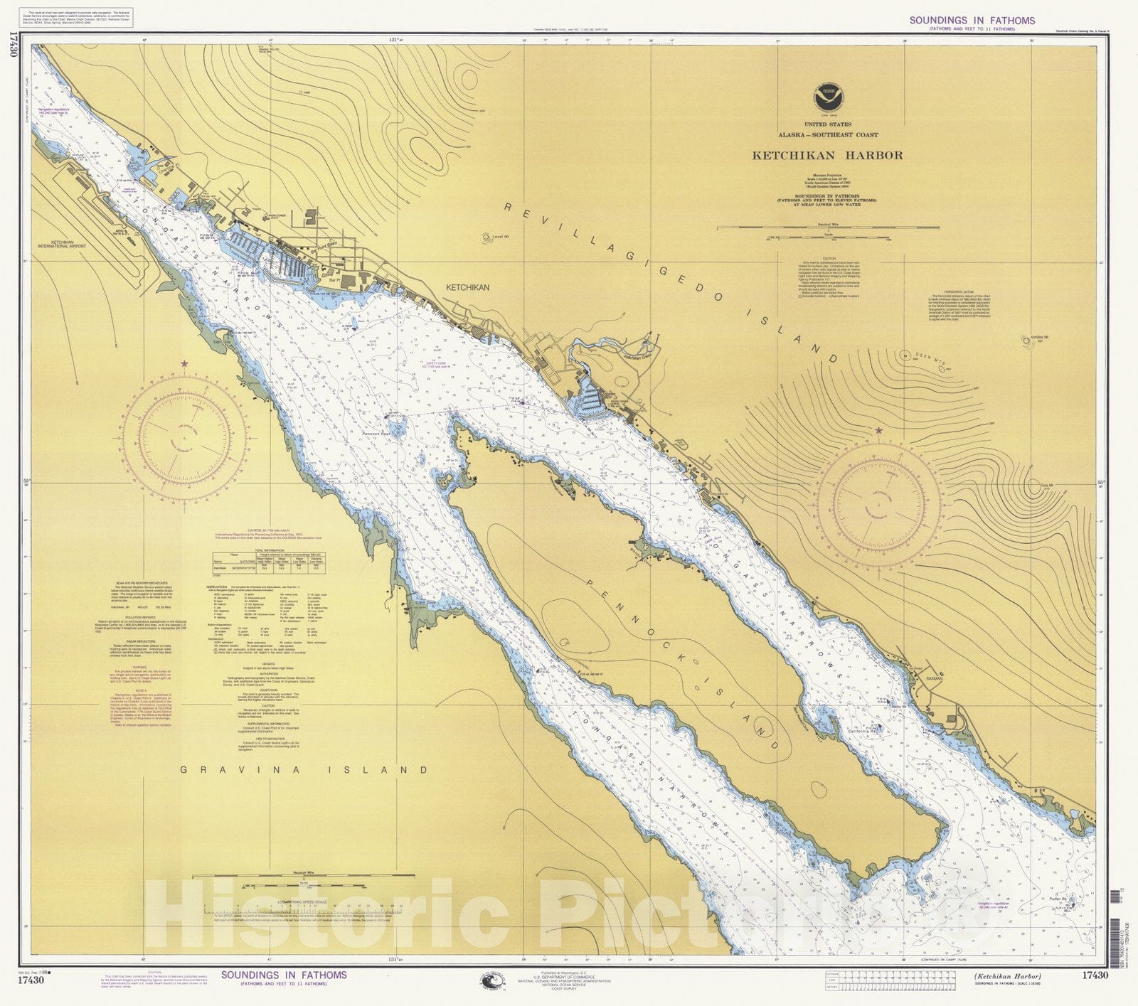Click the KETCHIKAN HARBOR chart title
(x=828, y=155)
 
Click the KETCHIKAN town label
(x=467, y=288)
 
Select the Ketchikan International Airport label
(x=63, y=245)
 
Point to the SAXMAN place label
(x=934, y=678)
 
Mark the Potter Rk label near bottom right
(x=1059, y=899)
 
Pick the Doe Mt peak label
(x=1046, y=486)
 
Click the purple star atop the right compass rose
(x=879, y=430)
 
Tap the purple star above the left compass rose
(x=185, y=363)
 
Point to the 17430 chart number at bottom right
(x=1095, y=975)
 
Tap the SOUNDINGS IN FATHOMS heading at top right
(x=972, y=21)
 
